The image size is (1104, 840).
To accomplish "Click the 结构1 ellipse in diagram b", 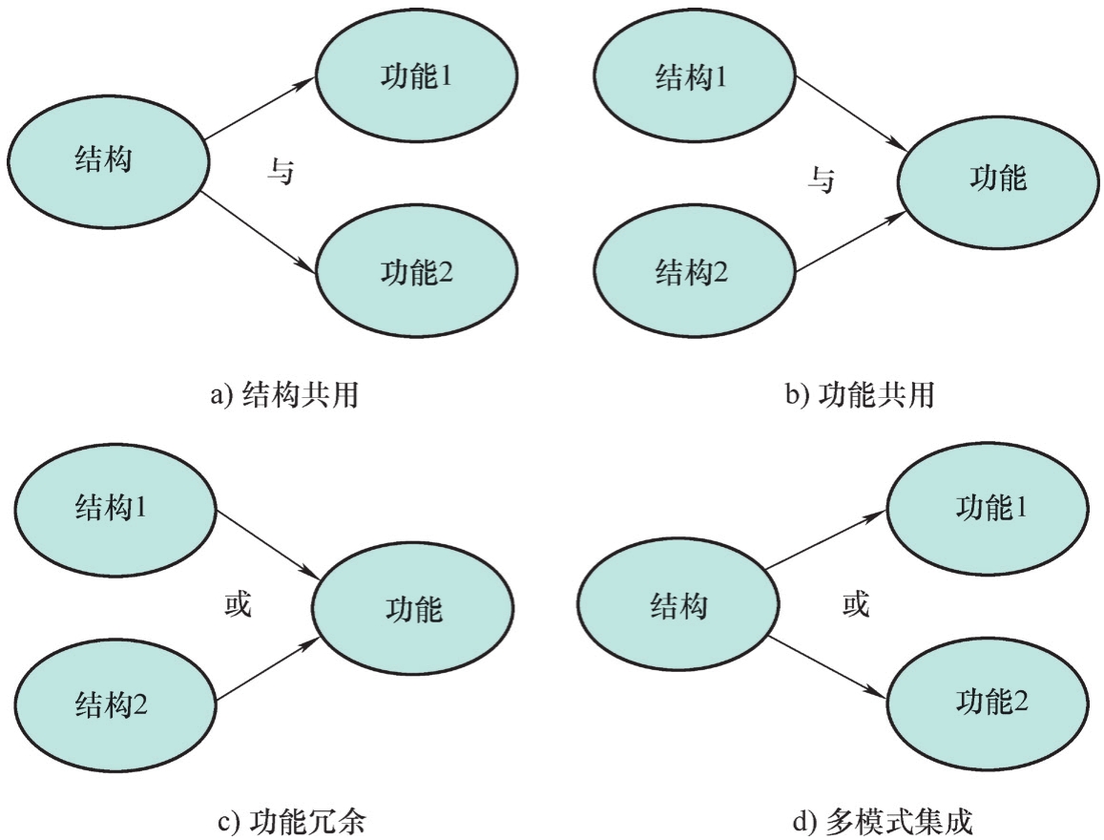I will pos(691,76).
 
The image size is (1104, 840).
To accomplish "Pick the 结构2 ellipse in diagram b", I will pos(691,275).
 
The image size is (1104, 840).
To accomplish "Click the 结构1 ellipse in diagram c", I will pos(112,509).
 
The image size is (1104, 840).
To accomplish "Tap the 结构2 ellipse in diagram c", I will pos(112,706).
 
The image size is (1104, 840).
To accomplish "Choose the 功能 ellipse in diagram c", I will pos(413,609).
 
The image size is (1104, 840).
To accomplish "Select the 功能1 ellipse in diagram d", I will pos(989,509).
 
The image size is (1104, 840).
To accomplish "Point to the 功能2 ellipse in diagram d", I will pos(989,703).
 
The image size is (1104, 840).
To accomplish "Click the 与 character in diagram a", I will pos(280,175).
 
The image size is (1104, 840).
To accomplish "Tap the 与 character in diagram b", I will pos(821,178).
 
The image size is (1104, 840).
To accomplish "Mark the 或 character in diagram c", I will pos(237,604).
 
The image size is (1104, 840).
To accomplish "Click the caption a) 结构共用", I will pos(283,395).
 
